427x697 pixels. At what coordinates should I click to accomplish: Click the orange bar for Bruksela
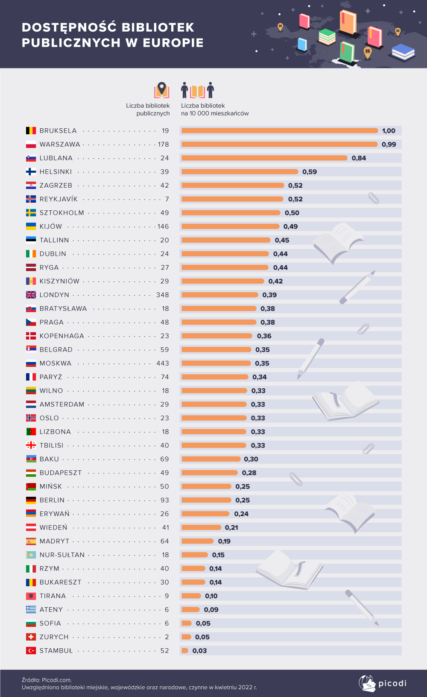click(280, 131)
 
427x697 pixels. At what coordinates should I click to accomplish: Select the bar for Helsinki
click(240, 172)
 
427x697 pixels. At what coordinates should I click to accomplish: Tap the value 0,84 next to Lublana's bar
click(359, 158)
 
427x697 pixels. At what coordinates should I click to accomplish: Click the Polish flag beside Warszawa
click(31, 145)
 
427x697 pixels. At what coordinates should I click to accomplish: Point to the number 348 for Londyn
click(162, 295)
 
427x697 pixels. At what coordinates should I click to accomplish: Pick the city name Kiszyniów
click(59, 281)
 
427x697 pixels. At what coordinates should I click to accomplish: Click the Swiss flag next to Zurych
click(31, 637)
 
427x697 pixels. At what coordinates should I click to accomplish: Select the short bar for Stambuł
click(184, 651)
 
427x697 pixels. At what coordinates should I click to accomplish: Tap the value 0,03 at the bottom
click(199, 651)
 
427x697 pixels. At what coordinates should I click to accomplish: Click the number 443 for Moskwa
click(163, 363)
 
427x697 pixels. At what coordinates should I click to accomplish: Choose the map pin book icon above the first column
click(161, 90)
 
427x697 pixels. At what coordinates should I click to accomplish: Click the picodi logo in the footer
click(382, 683)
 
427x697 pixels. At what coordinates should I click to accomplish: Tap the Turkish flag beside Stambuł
click(31, 651)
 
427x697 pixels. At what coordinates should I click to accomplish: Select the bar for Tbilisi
click(213, 446)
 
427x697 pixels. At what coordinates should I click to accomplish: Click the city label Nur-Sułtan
click(62, 555)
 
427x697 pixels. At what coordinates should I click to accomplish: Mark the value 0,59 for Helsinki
click(310, 172)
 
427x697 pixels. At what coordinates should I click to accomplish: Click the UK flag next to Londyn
click(31, 295)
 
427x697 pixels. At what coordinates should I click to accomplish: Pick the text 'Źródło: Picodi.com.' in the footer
click(47, 680)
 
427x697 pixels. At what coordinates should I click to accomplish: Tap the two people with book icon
click(197, 90)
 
